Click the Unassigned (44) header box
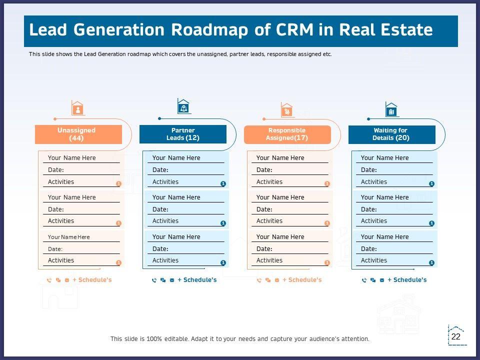point(78,134)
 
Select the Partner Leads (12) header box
point(182,134)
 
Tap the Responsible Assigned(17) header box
point(287,134)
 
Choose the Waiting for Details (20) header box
point(391,134)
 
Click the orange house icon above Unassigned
point(77,108)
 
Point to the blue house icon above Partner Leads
point(184,106)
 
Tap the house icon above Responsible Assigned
point(287,109)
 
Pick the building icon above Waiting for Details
point(391,109)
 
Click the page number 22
point(456,336)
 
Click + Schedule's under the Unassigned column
point(92,280)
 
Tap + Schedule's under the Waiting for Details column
point(407,280)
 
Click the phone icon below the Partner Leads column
point(154,280)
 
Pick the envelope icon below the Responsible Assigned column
point(276,280)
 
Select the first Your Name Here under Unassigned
point(71,158)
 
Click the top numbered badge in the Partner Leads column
point(223,184)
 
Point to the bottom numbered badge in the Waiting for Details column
point(431,262)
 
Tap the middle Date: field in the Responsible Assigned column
point(264,209)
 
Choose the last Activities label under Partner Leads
point(165,260)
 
